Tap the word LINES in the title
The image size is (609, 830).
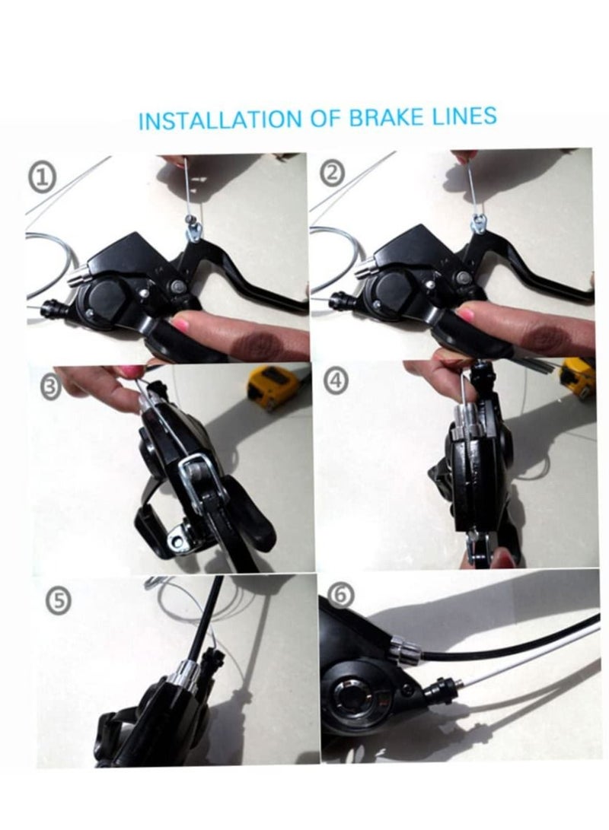(464, 116)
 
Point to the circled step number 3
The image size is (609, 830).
(49, 386)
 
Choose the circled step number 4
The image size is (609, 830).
(336, 381)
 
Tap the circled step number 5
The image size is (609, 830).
(59, 602)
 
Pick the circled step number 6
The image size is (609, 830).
(342, 594)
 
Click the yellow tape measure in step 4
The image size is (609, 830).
(578, 377)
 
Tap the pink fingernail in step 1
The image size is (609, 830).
(182, 321)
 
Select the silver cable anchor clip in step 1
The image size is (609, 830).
(193, 231)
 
